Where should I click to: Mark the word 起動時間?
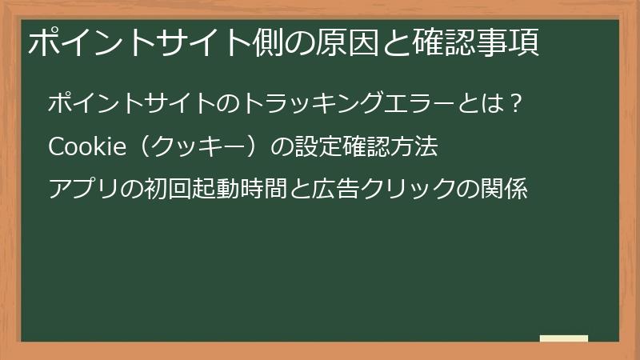tap(231, 190)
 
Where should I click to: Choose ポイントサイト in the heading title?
tap(128, 42)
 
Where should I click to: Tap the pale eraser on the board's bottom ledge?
tap(564, 339)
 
